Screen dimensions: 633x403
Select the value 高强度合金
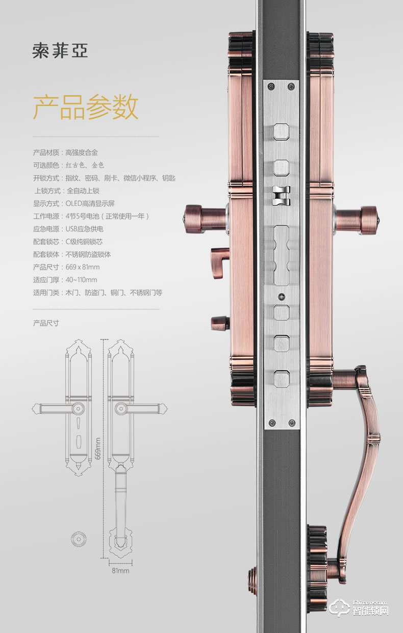click(x=81, y=152)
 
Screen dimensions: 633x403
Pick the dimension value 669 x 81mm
click(x=83, y=267)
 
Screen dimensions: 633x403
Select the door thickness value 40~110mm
click(x=81, y=280)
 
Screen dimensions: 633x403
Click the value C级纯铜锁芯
click(x=84, y=242)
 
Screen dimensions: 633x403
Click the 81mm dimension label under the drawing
click(x=120, y=571)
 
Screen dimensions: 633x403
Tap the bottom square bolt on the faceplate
click(x=281, y=380)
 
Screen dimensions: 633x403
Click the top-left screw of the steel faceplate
click(x=270, y=85)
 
